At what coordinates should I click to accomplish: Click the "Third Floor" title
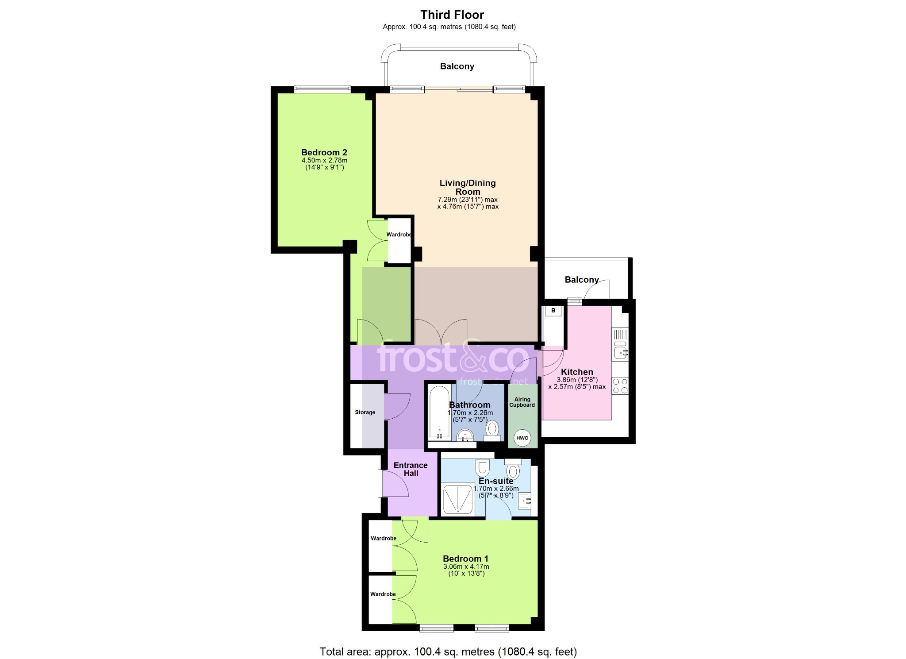pos(452,15)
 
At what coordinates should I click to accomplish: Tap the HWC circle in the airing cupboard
pos(522,438)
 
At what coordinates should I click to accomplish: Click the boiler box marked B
pos(553,311)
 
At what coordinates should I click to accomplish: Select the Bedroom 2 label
pos(324,152)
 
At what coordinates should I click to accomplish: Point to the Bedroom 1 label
pos(466,559)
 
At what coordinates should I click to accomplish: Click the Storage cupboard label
pos(365,412)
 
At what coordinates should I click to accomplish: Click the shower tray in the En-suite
pos(458,499)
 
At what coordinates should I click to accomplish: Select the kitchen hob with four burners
pos(620,385)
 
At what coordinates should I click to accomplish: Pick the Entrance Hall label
pos(411,469)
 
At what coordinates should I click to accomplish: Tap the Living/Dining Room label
pos(468,187)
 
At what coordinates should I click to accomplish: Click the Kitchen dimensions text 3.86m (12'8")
pos(577,380)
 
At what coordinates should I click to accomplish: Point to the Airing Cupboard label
pos(522,402)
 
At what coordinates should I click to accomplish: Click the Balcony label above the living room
pos(457,66)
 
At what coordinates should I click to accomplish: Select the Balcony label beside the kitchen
pos(582,280)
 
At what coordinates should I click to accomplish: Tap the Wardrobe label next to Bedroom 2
pos(399,235)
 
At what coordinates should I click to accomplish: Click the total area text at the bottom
pos(448,651)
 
